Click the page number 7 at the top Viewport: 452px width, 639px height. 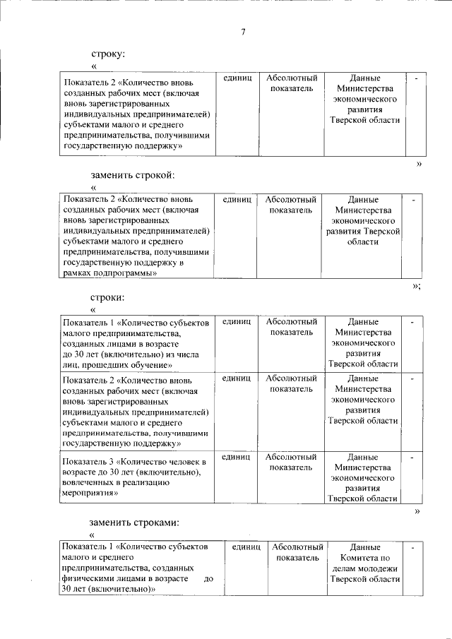tap(244, 32)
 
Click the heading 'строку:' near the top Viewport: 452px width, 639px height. tap(108, 54)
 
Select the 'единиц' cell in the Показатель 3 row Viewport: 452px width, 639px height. tap(236, 458)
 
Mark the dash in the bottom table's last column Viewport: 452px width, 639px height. tap(412, 547)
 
